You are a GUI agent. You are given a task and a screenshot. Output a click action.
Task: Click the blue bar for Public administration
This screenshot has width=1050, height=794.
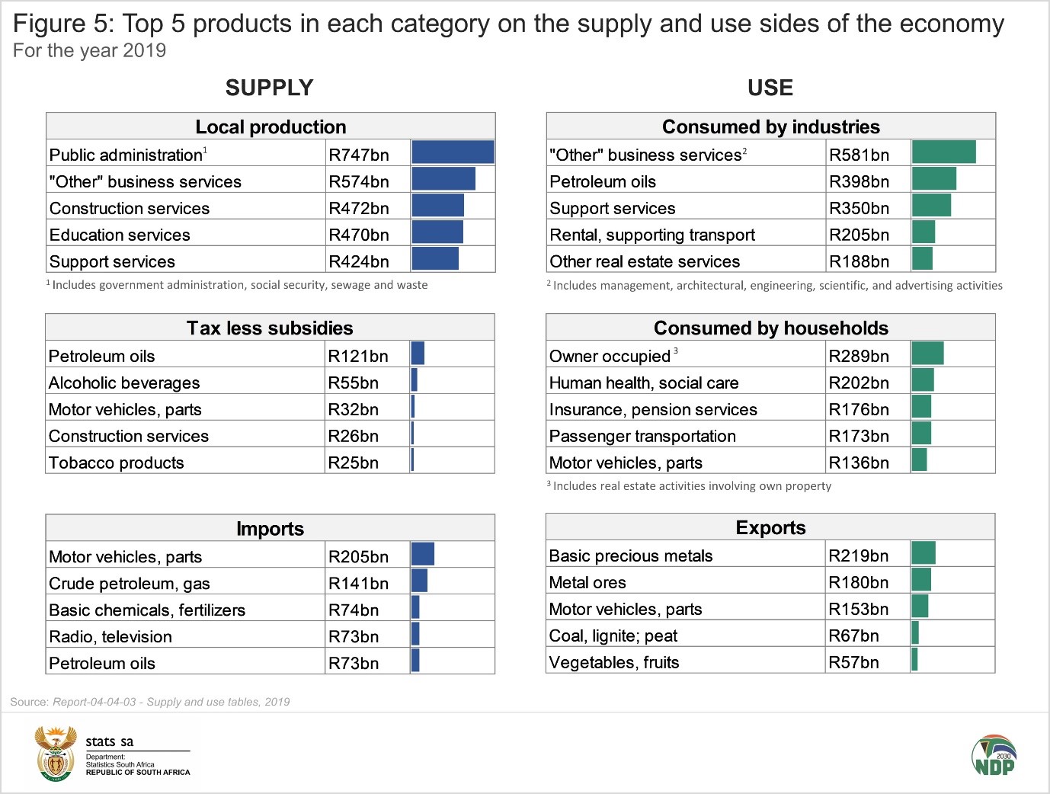tap(453, 152)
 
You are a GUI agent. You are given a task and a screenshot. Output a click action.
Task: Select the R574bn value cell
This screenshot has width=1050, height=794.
tap(359, 181)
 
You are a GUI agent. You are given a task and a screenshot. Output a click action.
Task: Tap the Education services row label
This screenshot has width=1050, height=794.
tap(120, 235)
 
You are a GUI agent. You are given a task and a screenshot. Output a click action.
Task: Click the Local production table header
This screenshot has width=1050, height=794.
tap(271, 126)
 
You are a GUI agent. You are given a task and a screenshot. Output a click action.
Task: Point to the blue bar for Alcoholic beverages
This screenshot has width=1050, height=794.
tap(415, 380)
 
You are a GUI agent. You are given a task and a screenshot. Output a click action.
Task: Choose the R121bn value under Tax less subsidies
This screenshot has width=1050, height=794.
tap(358, 356)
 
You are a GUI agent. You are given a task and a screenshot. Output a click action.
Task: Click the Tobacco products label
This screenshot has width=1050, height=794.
tap(116, 463)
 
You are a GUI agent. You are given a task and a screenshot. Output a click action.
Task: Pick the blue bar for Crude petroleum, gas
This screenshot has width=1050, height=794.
tap(419, 581)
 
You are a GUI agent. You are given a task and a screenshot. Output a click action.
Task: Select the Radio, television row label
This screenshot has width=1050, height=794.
tap(110, 636)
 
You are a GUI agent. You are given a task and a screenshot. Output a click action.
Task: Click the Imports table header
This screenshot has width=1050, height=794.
tap(270, 528)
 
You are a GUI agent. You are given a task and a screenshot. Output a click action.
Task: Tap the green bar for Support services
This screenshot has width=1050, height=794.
tap(931, 206)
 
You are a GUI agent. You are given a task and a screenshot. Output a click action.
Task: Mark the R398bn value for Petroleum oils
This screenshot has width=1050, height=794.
tap(859, 181)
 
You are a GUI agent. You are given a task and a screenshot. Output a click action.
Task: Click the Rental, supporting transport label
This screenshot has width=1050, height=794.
tap(652, 235)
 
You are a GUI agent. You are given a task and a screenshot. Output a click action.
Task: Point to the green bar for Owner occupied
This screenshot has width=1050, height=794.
tap(927, 354)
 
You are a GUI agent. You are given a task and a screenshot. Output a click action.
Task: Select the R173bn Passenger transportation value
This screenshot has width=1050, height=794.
tap(859, 436)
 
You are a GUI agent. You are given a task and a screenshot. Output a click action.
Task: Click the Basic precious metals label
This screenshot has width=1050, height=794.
tap(631, 555)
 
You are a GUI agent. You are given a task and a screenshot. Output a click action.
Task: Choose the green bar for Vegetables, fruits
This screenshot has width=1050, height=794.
tap(914, 659)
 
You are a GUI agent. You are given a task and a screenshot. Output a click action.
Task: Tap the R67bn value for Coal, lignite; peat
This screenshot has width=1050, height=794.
tap(853, 636)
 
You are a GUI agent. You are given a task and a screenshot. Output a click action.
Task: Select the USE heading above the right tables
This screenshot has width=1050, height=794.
tap(770, 88)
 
